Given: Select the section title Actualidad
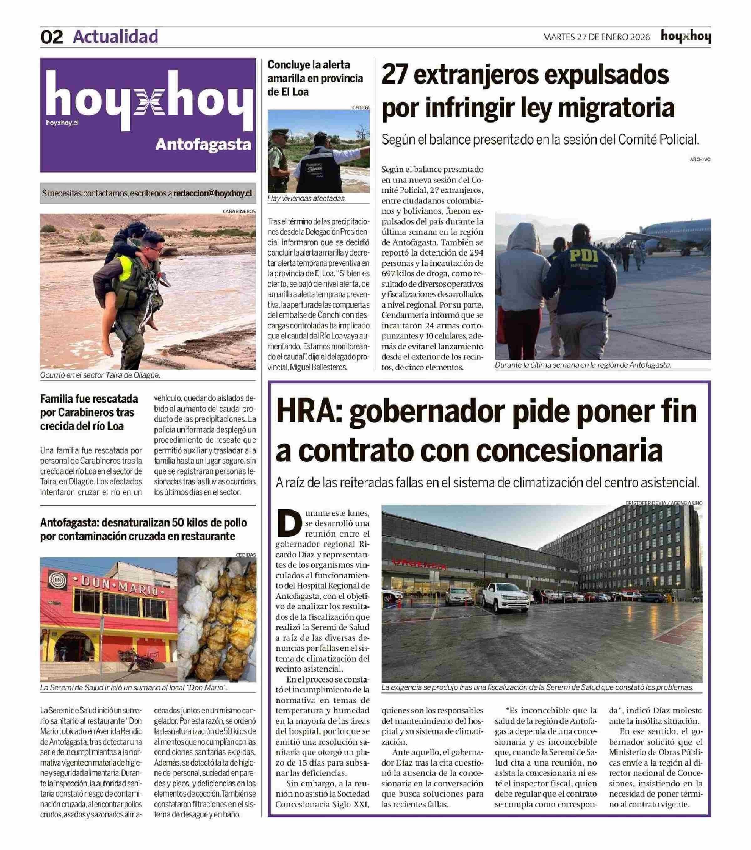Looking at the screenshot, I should (x=115, y=37).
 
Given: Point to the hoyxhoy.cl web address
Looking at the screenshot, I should (x=62, y=122).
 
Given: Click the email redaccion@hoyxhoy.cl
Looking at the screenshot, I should (x=213, y=193).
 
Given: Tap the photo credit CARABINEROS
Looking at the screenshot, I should (x=239, y=211).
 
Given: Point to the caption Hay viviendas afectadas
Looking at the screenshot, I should (x=306, y=198).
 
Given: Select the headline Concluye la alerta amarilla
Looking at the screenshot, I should (x=315, y=78).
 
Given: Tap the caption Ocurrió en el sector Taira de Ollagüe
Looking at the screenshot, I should (x=100, y=375).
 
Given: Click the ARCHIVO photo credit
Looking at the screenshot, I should (x=700, y=159).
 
